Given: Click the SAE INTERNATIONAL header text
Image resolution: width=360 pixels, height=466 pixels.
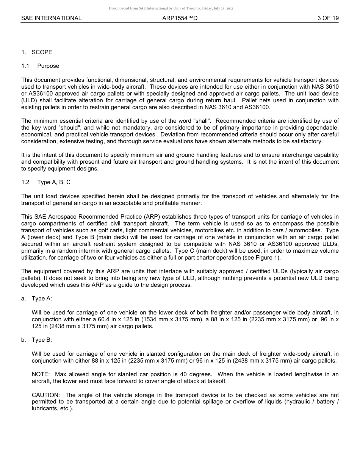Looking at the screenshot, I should coord(51,18).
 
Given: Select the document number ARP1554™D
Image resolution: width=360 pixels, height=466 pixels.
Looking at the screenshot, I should coord(180,18).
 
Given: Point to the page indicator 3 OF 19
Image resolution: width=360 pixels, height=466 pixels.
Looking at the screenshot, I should coord(328,18).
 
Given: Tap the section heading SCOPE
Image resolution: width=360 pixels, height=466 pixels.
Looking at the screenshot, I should coord(42,52).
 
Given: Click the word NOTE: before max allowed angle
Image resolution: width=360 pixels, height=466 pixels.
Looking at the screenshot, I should coord(41,374).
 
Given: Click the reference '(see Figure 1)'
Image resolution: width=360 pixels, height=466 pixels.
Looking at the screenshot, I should coord(263,258).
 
